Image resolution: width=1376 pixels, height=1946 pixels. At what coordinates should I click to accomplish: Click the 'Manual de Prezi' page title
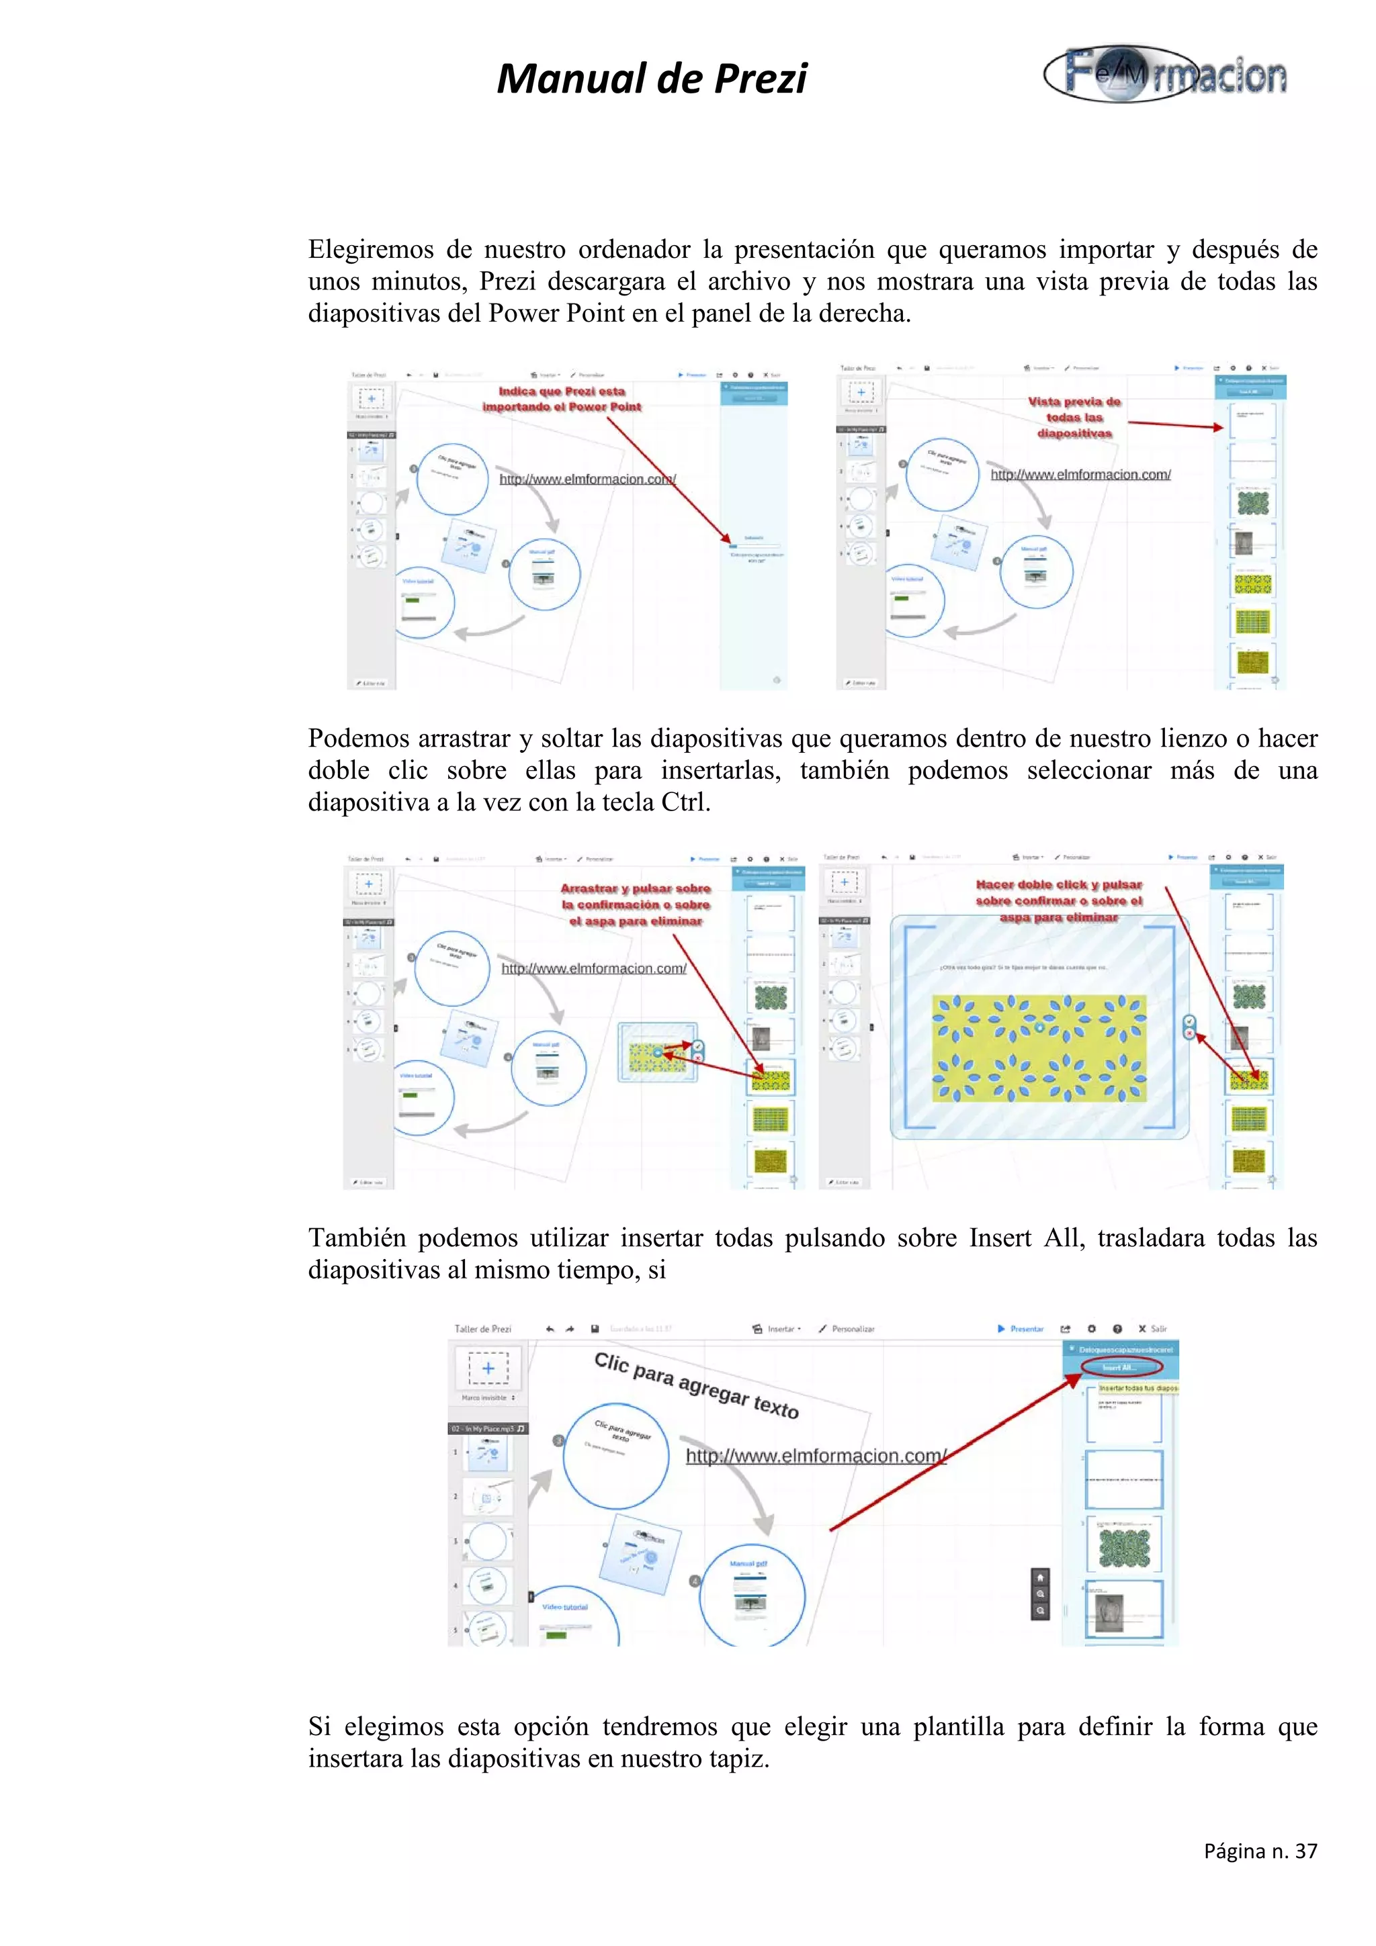[651, 79]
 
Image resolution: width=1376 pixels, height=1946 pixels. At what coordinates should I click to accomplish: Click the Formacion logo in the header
[1165, 75]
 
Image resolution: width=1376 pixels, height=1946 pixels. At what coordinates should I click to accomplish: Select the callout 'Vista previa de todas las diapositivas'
[1074, 417]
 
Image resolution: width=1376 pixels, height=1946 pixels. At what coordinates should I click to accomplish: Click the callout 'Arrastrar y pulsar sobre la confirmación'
[635, 905]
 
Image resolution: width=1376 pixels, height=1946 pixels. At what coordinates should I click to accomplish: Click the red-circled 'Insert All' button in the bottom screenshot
[1120, 1367]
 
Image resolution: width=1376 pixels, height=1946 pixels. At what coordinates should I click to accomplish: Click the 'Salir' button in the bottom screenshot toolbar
[1153, 1329]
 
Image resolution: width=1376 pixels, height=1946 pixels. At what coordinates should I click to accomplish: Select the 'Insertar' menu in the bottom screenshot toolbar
[777, 1329]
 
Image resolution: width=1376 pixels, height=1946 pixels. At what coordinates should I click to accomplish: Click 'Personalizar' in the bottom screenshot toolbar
[848, 1329]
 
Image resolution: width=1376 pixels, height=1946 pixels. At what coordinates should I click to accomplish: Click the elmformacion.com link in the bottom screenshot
[815, 1456]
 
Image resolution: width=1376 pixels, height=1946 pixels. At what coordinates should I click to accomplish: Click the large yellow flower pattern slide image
[1039, 1048]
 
